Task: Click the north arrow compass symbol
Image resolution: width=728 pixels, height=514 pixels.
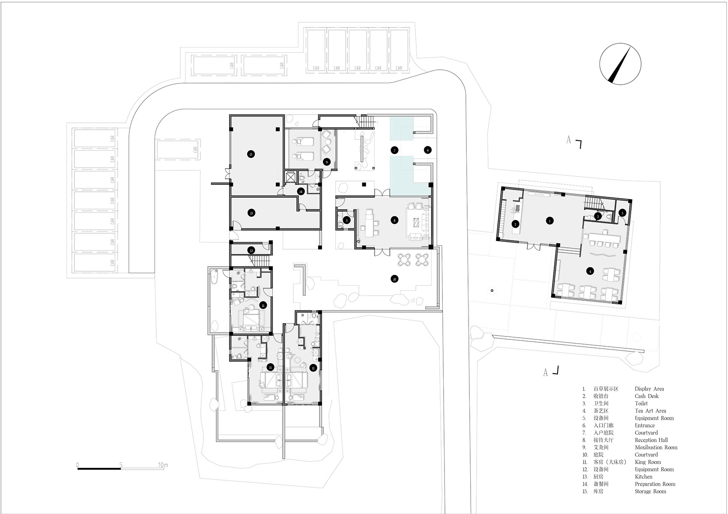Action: pyautogui.click(x=620, y=65)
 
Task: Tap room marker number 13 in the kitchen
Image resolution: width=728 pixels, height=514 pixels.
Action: pyautogui.click(x=251, y=154)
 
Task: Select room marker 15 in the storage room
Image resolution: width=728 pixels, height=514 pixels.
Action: pyautogui.click(x=252, y=213)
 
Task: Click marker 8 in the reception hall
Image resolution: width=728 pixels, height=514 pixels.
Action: pyautogui.click(x=394, y=220)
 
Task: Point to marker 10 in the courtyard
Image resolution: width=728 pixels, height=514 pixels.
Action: pyautogui.click(x=394, y=279)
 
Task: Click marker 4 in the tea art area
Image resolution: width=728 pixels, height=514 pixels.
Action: pyautogui.click(x=590, y=271)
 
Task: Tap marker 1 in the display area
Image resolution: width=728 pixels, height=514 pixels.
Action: pyautogui.click(x=550, y=221)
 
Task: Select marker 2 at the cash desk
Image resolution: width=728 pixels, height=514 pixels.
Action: pyautogui.click(x=516, y=224)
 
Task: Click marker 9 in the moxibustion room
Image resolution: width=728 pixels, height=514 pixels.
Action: pyautogui.click(x=326, y=162)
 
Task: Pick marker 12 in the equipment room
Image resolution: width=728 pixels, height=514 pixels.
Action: pyautogui.click(x=251, y=250)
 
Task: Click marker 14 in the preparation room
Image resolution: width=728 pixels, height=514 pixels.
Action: pyautogui.click(x=301, y=191)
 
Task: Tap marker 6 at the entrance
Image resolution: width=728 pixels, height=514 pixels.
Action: pyautogui.click(x=427, y=150)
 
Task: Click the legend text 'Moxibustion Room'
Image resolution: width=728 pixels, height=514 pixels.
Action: pyautogui.click(x=656, y=447)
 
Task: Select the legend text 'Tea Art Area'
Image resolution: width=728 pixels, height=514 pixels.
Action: pyautogui.click(x=650, y=411)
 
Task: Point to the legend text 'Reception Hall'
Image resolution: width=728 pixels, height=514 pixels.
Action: pyautogui.click(x=651, y=440)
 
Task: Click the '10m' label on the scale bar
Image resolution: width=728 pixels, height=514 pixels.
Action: pyautogui.click(x=163, y=464)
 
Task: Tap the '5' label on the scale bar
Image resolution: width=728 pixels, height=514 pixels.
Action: pyautogui.click(x=121, y=464)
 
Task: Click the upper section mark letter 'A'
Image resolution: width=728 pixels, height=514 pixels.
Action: pyautogui.click(x=569, y=140)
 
